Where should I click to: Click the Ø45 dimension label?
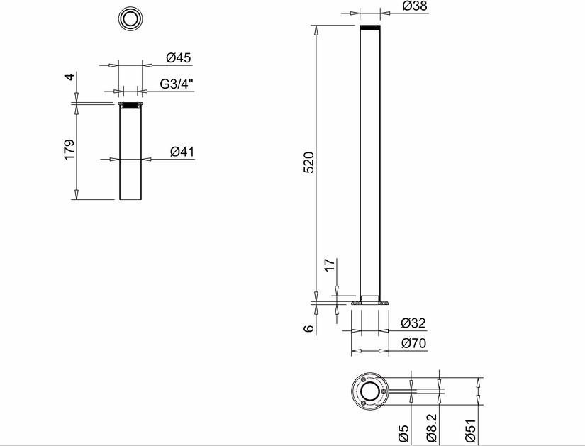pyautogui.click(x=178, y=58)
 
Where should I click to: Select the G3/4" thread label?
pyautogui.click(x=177, y=84)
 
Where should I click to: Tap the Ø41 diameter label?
pyautogui.click(x=182, y=152)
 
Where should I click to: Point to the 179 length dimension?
pyautogui.click(x=69, y=150)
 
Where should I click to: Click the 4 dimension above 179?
pyautogui.click(x=69, y=77)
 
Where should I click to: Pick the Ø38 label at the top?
pyautogui.click(x=415, y=6)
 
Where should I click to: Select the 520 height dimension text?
pyautogui.click(x=309, y=162)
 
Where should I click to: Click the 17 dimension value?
pyautogui.click(x=330, y=265)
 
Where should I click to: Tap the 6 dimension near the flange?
pyautogui.click(x=309, y=328)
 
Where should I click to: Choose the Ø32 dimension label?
pyautogui.click(x=413, y=323)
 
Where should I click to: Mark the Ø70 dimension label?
pyautogui.click(x=413, y=343)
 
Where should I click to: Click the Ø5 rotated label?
pyautogui.click(x=403, y=433)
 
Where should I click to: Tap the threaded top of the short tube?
pyautogui.click(x=130, y=106)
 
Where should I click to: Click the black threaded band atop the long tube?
pyautogui.click(x=370, y=28)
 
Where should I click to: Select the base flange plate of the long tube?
pyautogui.click(x=370, y=303)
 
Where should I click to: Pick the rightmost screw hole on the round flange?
pyautogui.click(x=383, y=391)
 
